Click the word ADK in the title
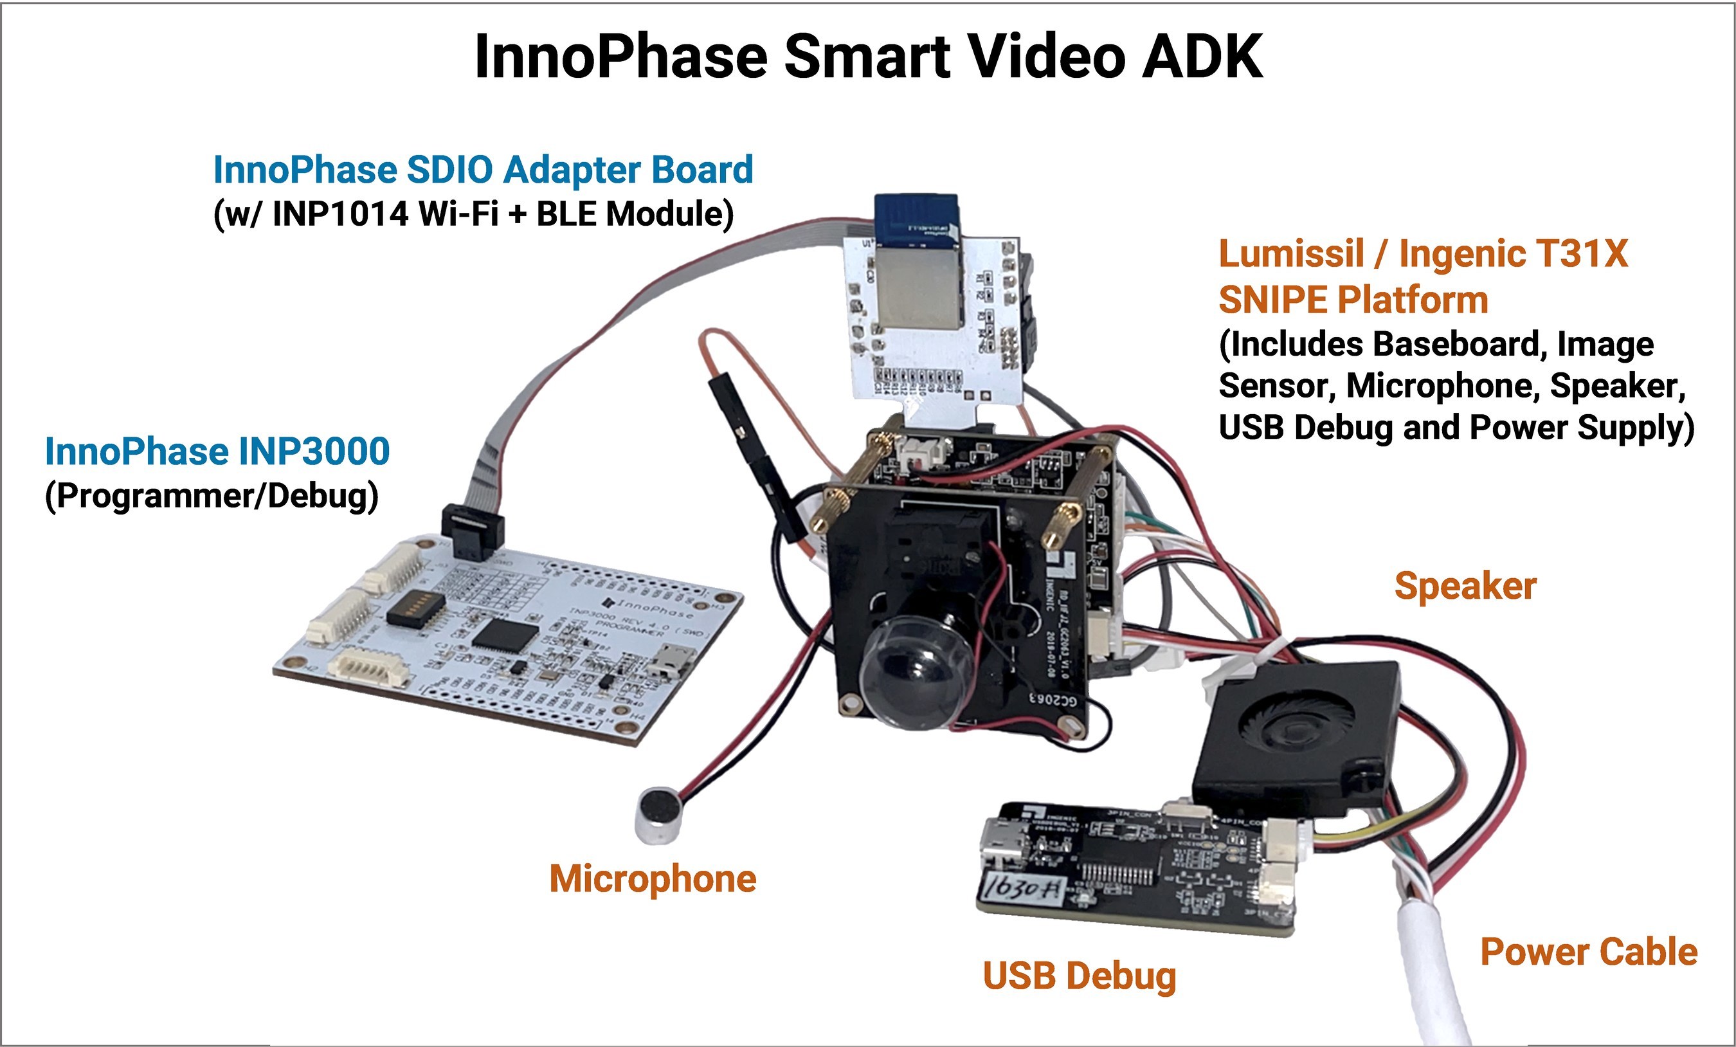pos(1202,57)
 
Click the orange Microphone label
pos(653,879)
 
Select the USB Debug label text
pos(1080,976)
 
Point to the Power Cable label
pos(1589,952)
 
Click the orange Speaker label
pos(1465,587)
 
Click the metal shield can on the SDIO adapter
pos(919,289)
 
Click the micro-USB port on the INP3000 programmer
pos(669,662)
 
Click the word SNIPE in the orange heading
pos(1272,300)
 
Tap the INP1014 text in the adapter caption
pos(339,214)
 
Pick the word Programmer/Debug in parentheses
pos(212,496)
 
